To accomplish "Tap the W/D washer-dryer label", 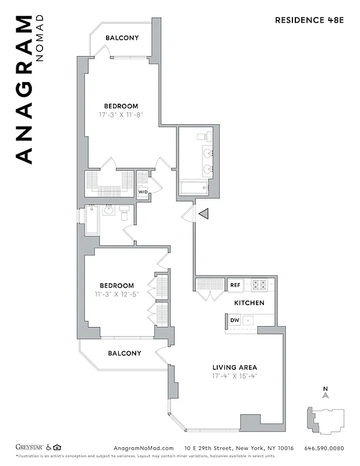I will click(143, 192).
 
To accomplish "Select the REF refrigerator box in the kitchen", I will click(235, 285).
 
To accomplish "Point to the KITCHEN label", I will click(249, 303).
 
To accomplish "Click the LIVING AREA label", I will click(235, 368).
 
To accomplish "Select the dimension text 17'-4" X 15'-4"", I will click(235, 376).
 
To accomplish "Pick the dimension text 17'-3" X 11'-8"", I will click(121, 115).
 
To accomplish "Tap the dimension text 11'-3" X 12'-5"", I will click(117, 294).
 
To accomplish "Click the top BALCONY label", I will click(122, 38).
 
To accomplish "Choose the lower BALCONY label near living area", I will click(125, 354).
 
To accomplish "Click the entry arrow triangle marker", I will click(203, 214).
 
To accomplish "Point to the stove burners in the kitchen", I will click(259, 285).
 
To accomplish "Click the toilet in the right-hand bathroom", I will click(202, 137).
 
